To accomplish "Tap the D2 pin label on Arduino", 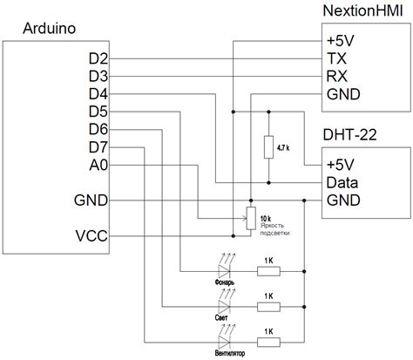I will (x=98, y=58).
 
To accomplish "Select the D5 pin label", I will (x=98, y=112).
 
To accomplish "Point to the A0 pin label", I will (x=98, y=165).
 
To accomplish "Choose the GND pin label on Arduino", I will (x=92, y=200).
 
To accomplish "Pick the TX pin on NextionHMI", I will (x=335, y=58).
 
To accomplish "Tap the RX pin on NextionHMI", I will (x=336, y=76).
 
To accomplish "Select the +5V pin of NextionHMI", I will (x=341, y=41).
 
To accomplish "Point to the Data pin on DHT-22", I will (x=342, y=183).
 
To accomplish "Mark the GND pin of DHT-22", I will (x=342, y=200).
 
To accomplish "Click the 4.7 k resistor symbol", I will (x=268, y=147).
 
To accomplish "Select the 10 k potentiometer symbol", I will (x=250, y=216).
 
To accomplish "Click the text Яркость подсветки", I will (x=279, y=230).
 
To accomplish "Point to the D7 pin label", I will (x=98, y=147).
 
